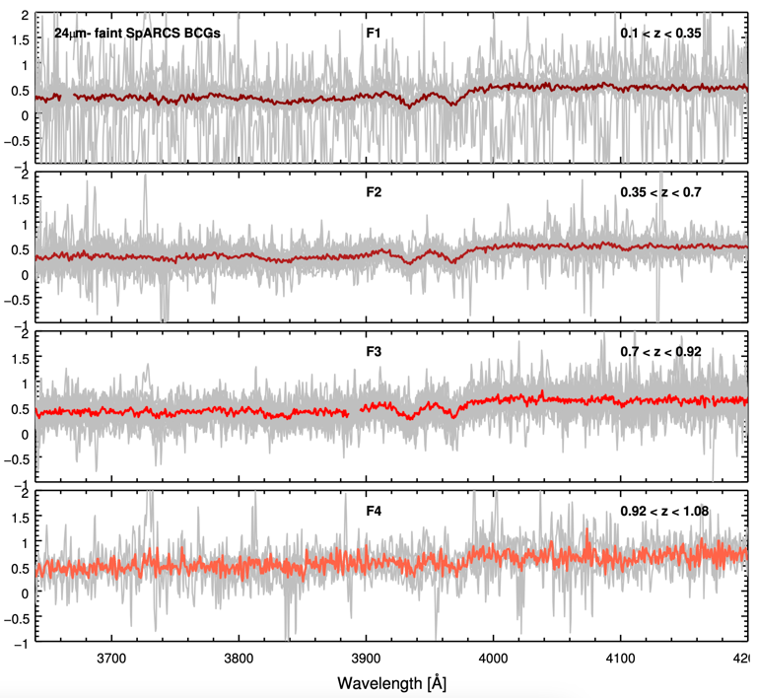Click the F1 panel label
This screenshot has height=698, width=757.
pyautogui.click(x=374, y=33)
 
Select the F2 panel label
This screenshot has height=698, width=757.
pyautogui.click(x=374, y=192)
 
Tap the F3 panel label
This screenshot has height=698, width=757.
pyautogui.click(x=374, y=352)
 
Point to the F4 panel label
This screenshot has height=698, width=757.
pyautogui.click(x=374, y=511)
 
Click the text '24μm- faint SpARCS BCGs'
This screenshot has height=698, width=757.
pyautogui.click(x=137, y=34)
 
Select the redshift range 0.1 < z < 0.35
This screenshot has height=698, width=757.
pyautogui.click(x=660, y=33)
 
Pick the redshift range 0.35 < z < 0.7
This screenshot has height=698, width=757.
pyautogui.click(x=660, y=192)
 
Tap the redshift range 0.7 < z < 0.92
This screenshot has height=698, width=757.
pyautogui.click(x=660, y=352)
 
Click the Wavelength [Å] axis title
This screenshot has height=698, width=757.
pyautogui.click(x=392, y=682)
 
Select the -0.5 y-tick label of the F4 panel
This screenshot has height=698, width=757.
pyautogui.click(x=15, y=618)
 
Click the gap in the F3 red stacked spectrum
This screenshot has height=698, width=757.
pyautogui.click(x=356, y=411)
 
